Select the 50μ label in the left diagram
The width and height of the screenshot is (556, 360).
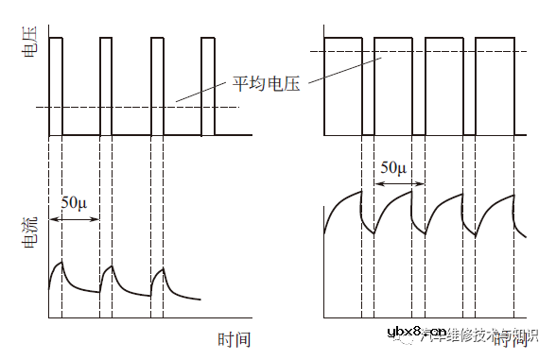[x=75, y=202]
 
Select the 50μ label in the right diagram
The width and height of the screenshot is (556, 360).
[x=393, y=168]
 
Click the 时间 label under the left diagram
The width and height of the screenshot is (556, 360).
[x=233, y=337]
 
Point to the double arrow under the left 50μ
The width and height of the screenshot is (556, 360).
[x=75, y=219]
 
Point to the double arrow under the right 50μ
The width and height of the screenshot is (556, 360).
[x=394, y=185]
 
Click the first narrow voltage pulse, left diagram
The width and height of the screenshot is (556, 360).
[x=56, y=85]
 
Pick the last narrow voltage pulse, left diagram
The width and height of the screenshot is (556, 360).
[x=207, y=85]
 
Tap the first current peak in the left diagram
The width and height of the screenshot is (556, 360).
[x=61, y=263]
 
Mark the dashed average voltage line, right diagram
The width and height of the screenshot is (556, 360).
[x=426, y=52]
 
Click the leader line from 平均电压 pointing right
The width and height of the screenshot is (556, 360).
[x=346, y=69]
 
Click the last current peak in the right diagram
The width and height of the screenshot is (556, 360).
[x=513, y=193]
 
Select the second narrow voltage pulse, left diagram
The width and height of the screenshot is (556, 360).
[x=105, y=85]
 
